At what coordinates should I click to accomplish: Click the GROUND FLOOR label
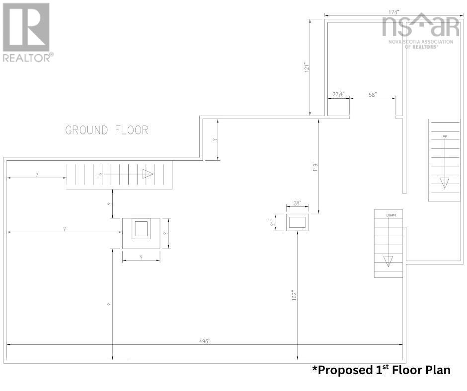coord(107,130)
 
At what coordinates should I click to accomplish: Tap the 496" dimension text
coord(204,341)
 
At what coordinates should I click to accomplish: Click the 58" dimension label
coord(373,94)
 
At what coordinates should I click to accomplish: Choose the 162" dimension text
coord(294,295)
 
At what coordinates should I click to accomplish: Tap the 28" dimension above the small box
coord(298,204)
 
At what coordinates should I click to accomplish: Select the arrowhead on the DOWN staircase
coord(388,261)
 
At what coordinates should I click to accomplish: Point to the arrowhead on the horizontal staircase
coord(148,174)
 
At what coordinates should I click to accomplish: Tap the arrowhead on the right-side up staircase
coord(444,182)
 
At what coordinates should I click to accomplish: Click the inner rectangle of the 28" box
coord(298,222)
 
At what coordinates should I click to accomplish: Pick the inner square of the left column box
coord(141,229)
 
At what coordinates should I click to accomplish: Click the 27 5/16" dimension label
coord(338,94)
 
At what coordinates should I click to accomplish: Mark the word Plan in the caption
coord(438,370)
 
